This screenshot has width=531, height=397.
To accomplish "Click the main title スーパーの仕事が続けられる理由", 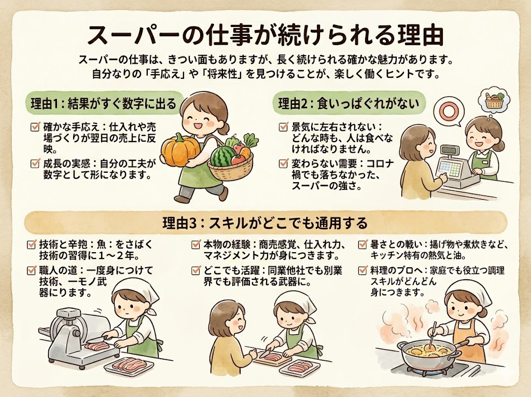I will click(x=265, y=34).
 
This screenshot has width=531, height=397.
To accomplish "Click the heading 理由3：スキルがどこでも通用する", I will click(x=265, y=223).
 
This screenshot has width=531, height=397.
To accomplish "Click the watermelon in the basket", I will click(x=222, y=155).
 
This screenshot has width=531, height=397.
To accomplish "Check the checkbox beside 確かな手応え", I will click(x=36, y=127).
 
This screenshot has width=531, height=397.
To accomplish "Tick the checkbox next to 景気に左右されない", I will click(x=283, y=127).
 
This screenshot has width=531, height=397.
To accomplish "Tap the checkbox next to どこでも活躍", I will click(x=196, y=270).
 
